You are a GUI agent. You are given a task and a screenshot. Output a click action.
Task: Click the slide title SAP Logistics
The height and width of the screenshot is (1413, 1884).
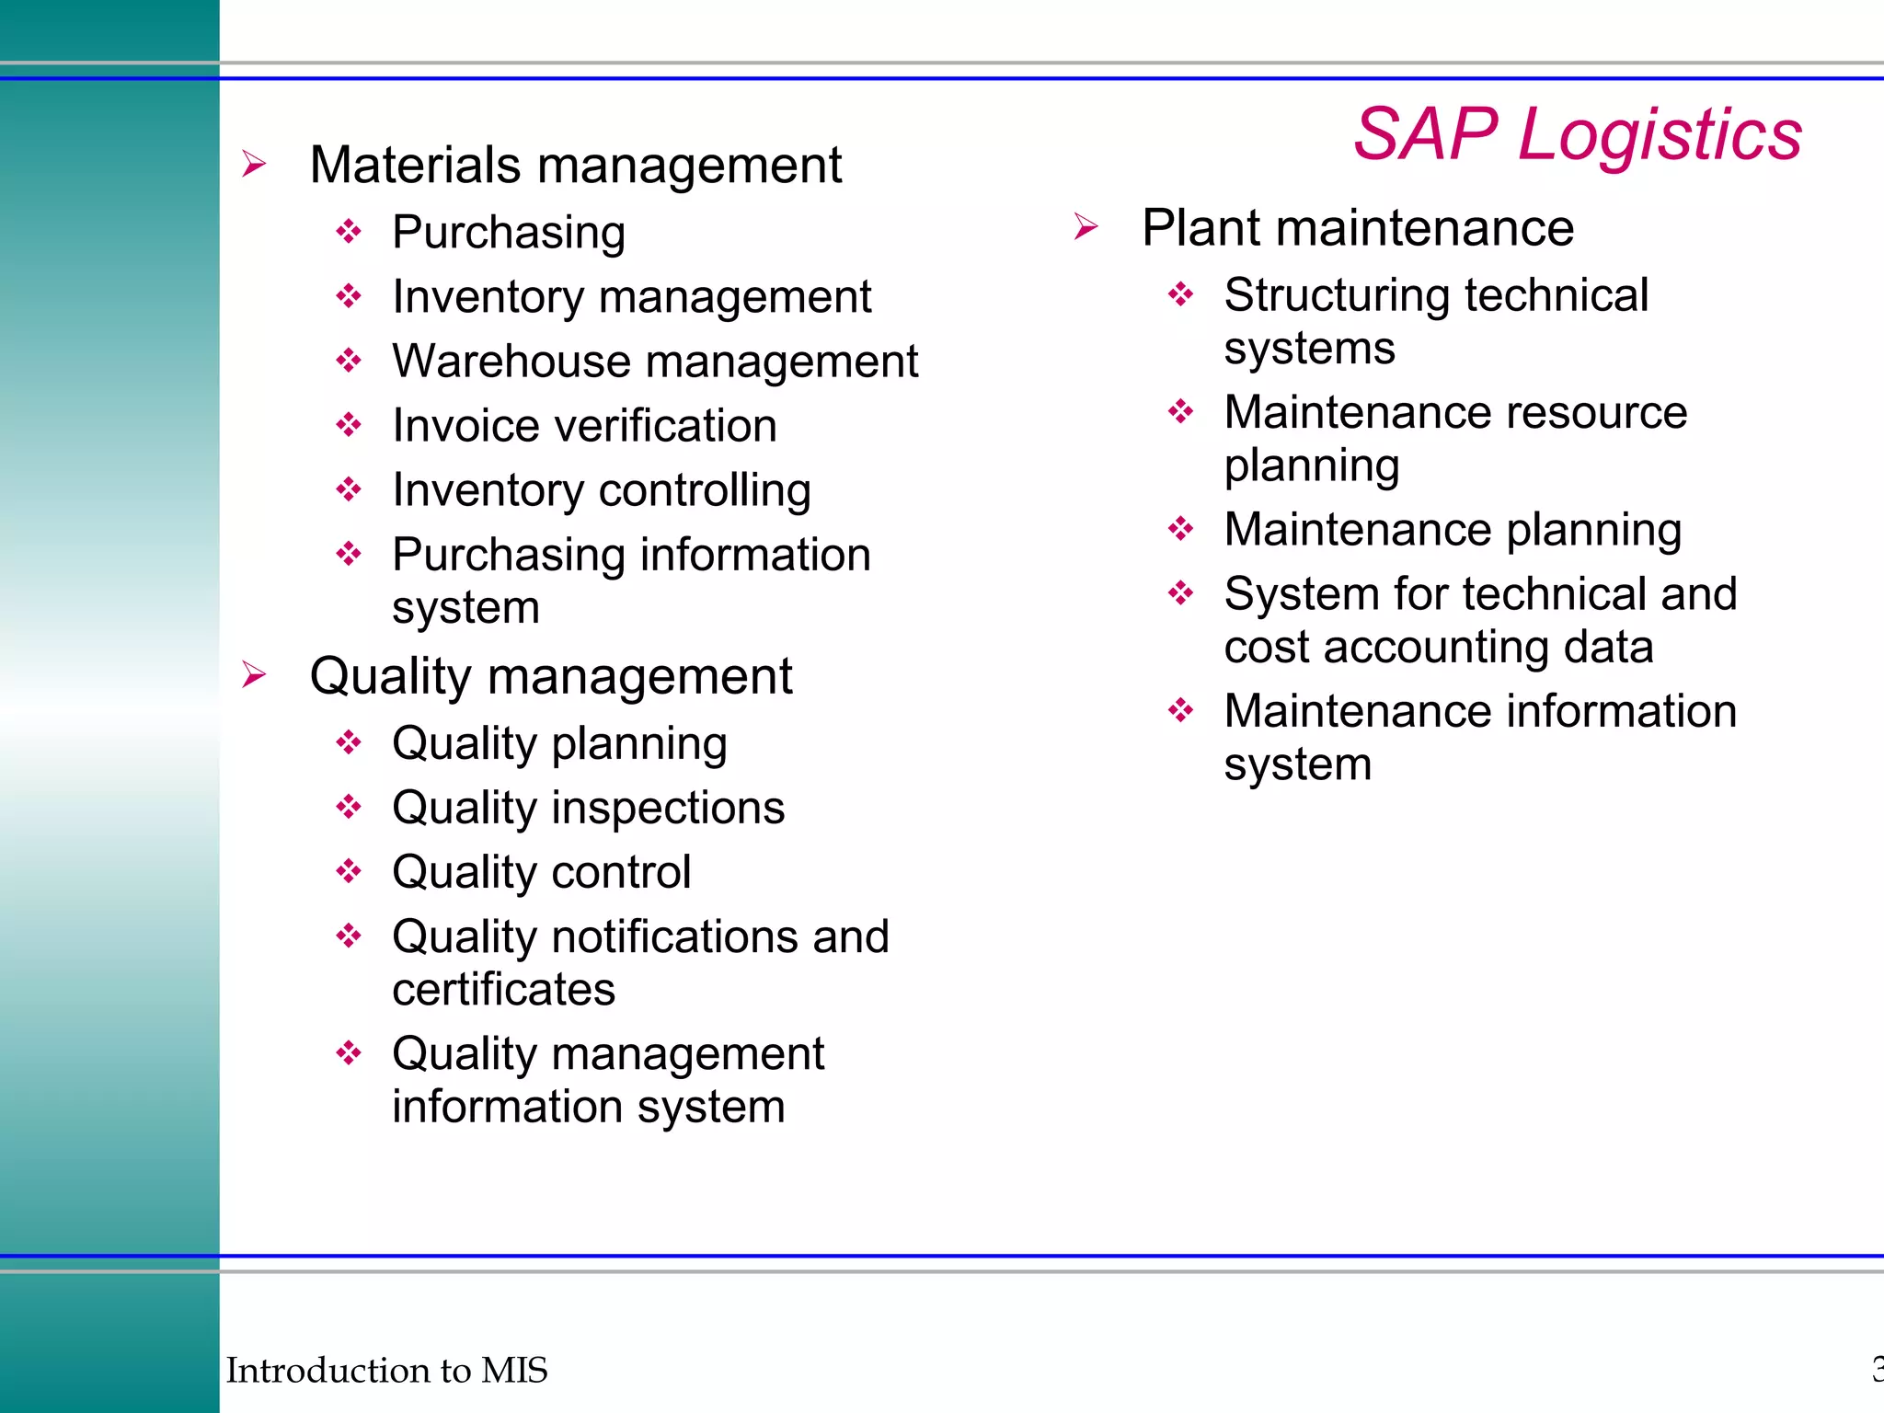1577,134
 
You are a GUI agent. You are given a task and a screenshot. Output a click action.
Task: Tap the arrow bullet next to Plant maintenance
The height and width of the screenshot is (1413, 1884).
1086,226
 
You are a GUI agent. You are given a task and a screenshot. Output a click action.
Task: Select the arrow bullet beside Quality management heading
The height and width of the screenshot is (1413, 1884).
254,674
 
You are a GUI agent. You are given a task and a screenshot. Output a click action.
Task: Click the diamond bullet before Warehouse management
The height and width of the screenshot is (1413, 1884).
349,360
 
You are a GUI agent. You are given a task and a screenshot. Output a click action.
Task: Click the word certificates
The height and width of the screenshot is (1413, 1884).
503,990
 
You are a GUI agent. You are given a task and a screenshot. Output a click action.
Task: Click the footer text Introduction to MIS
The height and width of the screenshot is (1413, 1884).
386,1370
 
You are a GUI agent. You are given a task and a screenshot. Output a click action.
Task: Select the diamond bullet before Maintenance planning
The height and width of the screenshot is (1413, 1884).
1181,528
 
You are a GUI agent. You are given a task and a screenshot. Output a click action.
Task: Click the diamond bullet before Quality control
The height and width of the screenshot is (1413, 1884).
349,870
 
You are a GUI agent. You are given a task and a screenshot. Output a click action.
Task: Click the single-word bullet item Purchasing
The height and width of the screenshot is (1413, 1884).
509,232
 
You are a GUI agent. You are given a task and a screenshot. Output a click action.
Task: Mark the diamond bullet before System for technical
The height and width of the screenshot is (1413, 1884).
1181,592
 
